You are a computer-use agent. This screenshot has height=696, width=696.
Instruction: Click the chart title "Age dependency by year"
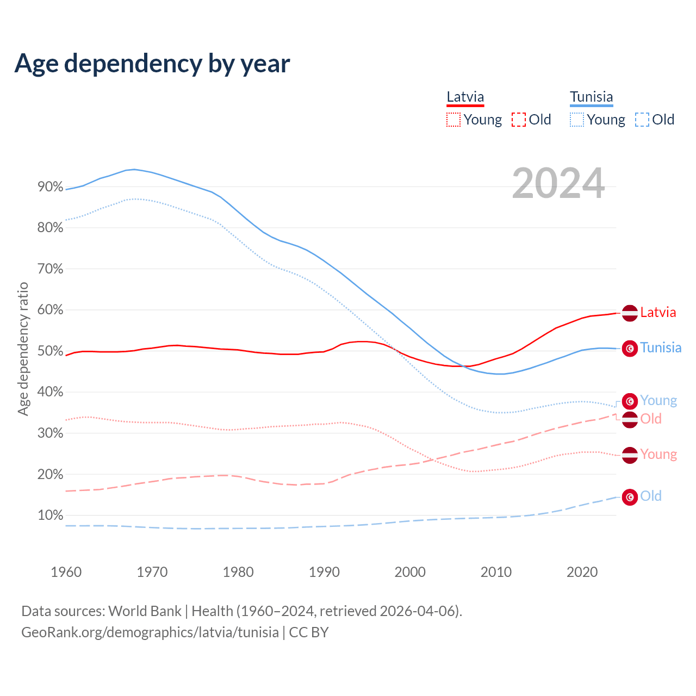tap(152, 63)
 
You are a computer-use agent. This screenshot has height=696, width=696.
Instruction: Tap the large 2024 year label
tap(558, 184)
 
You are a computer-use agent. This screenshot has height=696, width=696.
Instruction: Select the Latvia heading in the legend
tap(465, 97)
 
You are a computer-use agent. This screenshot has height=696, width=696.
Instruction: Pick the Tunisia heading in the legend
tap(591, 97)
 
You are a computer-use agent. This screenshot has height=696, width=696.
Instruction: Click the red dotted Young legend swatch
tap(453, 120)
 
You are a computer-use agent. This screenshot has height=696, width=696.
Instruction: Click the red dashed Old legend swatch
tap(519, 120)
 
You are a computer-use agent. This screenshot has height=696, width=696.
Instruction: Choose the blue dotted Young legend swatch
tap(577, 120)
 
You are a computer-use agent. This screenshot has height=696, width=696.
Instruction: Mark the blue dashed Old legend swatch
tap(642, 120)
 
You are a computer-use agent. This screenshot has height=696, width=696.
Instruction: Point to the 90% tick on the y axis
tap(51, 187)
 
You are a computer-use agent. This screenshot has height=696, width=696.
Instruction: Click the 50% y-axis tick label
tap(51, 351)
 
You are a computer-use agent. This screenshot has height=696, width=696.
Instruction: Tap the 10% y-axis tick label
tap(51, 515)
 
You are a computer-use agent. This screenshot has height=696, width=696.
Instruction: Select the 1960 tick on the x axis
tap(66, 572)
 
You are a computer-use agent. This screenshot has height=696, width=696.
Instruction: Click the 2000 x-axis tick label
tap(410, 572)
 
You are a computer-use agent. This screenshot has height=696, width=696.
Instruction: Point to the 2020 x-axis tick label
tap(582, 572)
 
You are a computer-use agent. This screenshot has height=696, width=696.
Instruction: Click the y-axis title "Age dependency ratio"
tap(23, 349)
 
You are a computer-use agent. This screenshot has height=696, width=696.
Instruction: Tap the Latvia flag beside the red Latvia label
tap(630, 313)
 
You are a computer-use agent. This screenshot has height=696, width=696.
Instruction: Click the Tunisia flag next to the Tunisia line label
tap(630, 348)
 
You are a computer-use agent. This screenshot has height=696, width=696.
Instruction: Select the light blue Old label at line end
tap(651, 496)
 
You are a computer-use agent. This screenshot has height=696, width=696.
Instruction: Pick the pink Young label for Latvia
tap(658, 455)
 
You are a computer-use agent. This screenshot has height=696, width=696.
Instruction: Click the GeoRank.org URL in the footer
tap(150, 632)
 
